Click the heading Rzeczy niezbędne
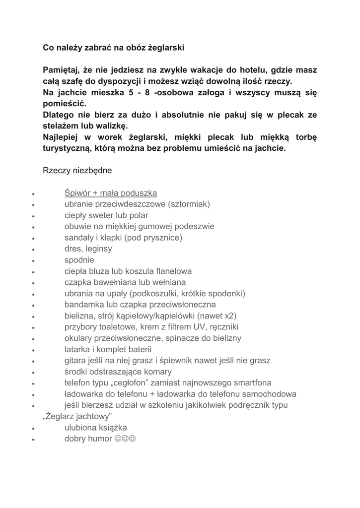click(77, 170)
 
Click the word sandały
click(79, 238)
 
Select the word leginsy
click(100, 249)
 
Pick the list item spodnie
click(79, 260)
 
